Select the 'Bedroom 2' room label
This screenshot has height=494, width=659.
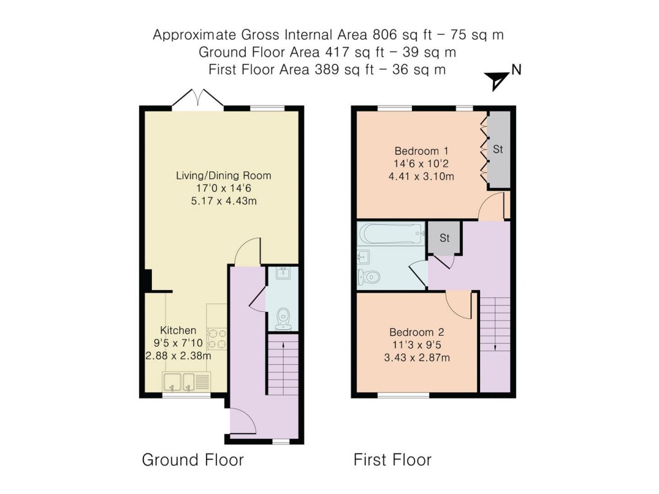pos(416,333)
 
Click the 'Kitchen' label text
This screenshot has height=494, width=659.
pos(178,330)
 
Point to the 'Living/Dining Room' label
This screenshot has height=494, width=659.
pos(223,176)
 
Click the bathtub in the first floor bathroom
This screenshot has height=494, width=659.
pos(391,233)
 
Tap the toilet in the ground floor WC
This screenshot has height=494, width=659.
pos(283,319)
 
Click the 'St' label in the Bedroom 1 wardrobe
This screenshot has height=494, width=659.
pos(498,149)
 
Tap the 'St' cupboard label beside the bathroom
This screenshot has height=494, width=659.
pos(445,238)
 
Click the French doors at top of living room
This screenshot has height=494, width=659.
pos(198,99)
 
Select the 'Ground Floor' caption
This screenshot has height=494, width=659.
pos(193,460)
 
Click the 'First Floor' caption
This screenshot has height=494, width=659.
pos(393,460)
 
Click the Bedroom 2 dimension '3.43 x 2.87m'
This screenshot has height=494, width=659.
pos(417,358)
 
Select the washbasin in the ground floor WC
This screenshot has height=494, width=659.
pos(283,273)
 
